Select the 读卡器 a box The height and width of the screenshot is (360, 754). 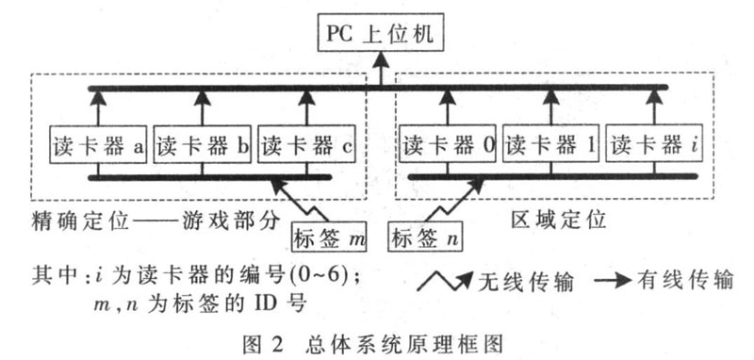(x=97, y=146)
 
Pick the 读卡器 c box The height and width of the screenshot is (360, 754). (x=305, y=146)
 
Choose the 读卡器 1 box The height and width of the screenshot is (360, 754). (x=550, y=146)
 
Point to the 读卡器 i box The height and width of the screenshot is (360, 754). (x=654, y=146)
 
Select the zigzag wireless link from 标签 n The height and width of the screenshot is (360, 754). (x=451, y=201)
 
